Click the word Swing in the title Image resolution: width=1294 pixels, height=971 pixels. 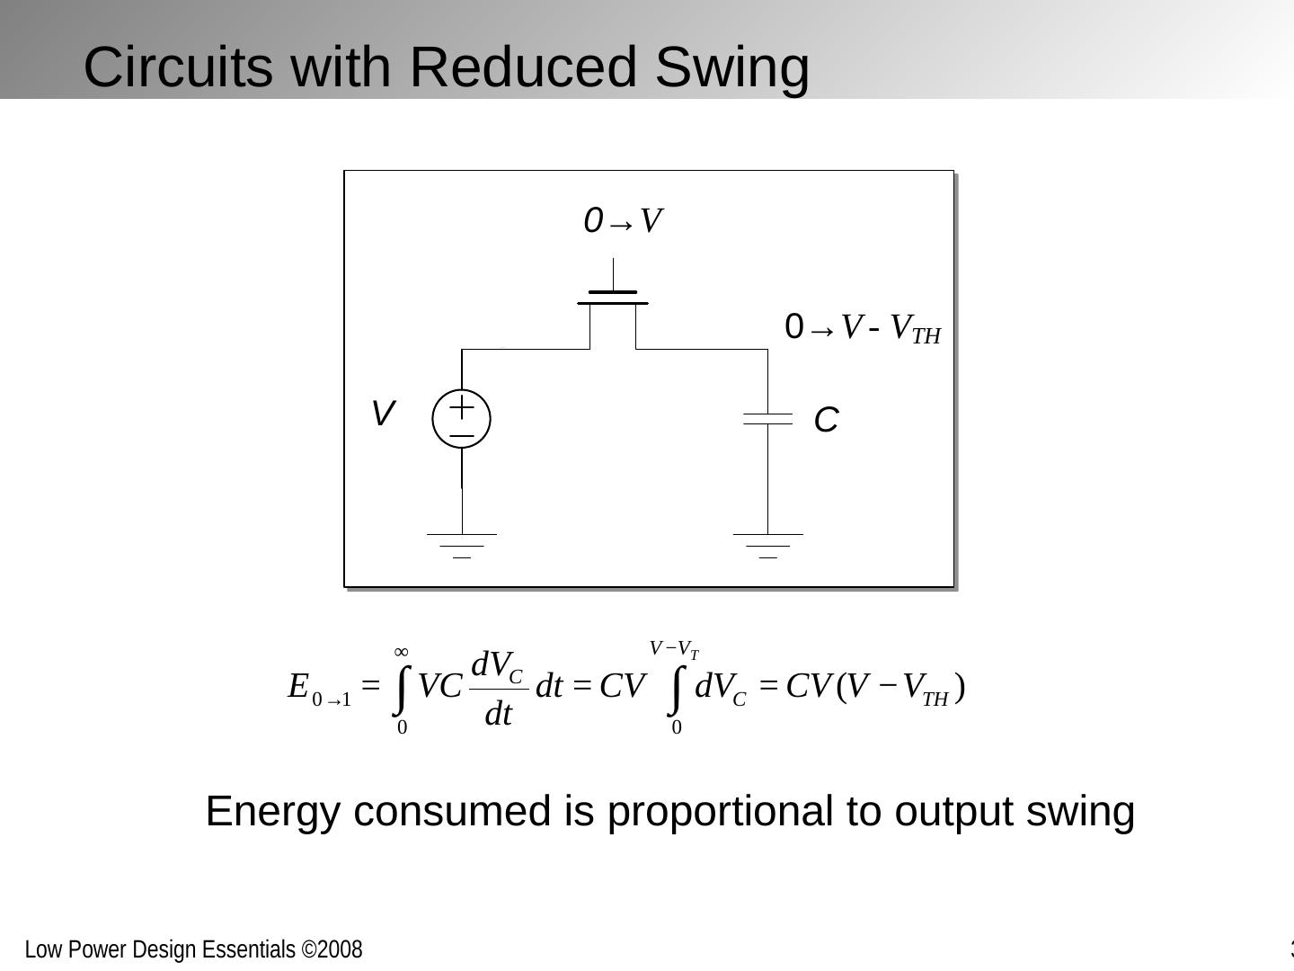[732, 67]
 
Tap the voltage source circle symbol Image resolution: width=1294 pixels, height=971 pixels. [462, 419]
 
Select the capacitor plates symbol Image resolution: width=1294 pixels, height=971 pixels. [767, 419]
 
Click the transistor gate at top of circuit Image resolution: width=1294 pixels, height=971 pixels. [613, 297]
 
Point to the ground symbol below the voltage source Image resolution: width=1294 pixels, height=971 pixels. [462, 545]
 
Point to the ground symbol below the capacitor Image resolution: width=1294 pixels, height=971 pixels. [767, 545]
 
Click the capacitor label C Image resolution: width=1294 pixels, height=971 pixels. [826, 420]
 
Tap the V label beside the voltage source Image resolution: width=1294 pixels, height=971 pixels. [383, 414]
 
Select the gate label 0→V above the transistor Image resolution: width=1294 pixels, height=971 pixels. [623, 221]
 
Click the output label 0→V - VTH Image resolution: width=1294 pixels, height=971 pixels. [862, 329]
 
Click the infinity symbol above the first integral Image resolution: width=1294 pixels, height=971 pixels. [402, 652]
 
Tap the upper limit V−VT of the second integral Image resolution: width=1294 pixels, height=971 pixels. [674, 649]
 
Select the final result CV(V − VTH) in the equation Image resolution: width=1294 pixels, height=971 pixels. [875, 688]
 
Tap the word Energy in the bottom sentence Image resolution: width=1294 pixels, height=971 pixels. [273, 811]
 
